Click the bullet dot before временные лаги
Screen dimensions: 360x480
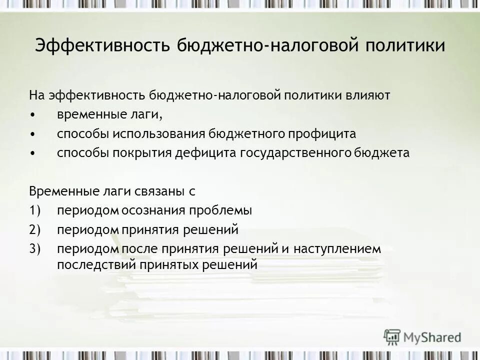tap(32, 115)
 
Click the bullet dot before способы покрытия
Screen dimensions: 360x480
tap(32, 153)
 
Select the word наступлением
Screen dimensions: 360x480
tap(337, 248)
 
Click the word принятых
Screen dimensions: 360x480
tap(164, 263)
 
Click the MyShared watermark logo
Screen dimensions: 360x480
tap(422, 336)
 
